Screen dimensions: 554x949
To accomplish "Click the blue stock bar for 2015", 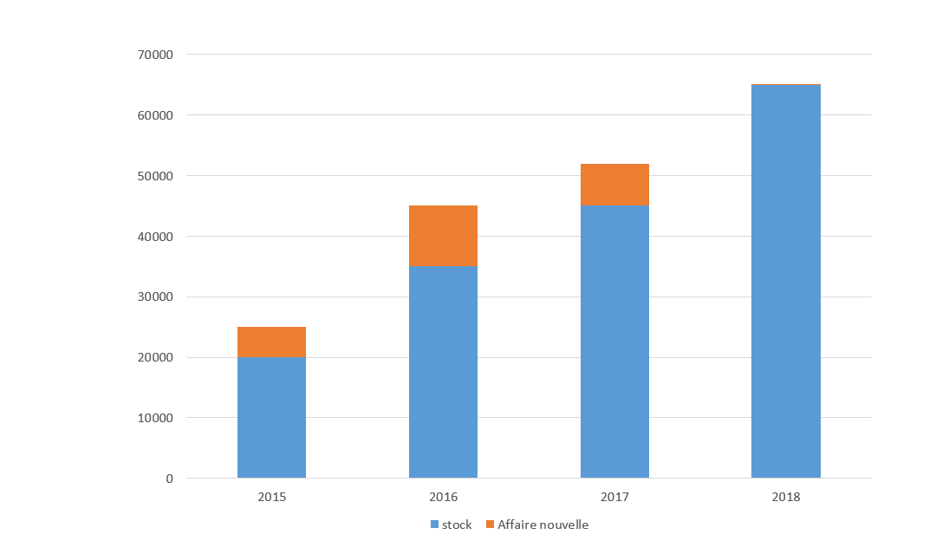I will pyautogui.click(x=271, y=417).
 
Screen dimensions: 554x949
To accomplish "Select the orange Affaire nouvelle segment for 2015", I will pyautogui.click(x=271, y=342).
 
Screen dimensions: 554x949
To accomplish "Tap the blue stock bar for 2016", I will pyautogui.click(x=443, y=372).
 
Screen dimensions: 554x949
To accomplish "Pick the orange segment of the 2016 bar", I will pyautogui.click(x=443, y=236).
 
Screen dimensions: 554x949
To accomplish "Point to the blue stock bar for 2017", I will pyautogui.click(x=614, y=342).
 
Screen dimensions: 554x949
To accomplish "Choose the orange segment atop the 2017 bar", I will pyautogui.click(x=614, y=185).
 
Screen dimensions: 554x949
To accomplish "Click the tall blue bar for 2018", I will pyautogui.click(x=786, y=281).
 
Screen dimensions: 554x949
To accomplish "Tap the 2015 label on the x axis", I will pyautogui.click(x=271, y=498).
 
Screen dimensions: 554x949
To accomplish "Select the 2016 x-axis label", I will pyautogui.click(x=443, y=498).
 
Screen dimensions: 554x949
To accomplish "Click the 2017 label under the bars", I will pyautogui.click(x=614, y=498).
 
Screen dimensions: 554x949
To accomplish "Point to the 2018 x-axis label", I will pyautogui.click(x=786, y=498).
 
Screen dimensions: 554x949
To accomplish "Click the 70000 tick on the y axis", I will pyautogui.click(x=156, y=55).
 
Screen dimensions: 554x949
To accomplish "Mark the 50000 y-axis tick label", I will pyautogui.click(x=156, y=176).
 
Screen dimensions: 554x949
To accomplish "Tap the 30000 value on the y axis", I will pyautogui.click(x=156, y=297).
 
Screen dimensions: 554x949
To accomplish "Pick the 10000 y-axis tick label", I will pyautogui.click(x=156, y=418).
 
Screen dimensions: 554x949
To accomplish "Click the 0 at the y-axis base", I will pyautogui.click(x=169, y=479).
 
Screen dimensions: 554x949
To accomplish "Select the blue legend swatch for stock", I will pyautogui.click(x=435, y=525).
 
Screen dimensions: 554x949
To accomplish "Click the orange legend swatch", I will pyautogui.click(x=490, y=525).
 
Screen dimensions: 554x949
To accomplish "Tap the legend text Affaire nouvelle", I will pyautogui.click(x=543, y=525).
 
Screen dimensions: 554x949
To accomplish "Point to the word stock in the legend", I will pyautogui.click(x=457, y=525).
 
